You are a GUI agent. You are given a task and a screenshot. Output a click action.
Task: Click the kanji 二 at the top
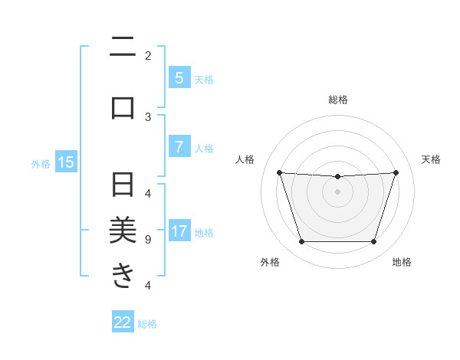click(x=123, y=48)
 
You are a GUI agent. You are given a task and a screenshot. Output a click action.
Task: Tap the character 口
click(x=123, y=106)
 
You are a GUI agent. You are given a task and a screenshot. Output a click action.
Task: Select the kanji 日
click(x=123, y=185)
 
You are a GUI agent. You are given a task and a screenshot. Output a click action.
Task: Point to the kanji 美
click(x=123, y=229)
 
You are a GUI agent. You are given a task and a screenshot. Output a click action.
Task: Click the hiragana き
click(x=123, y=273)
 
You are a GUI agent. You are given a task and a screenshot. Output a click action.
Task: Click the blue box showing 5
click(x=179, y=77)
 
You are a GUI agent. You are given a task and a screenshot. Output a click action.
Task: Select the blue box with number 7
click(x=179, y=147)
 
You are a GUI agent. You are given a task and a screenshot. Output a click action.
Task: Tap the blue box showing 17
click(x=179, y=231)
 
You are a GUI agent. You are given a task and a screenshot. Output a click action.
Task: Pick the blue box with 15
click(x=66, y=162)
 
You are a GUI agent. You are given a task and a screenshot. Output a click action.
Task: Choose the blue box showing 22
click(x=123, y=322)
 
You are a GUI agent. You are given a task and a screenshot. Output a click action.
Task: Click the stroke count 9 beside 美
click(x=148, y=239)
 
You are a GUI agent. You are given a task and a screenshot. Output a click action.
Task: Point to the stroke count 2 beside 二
click(x=148, y=55)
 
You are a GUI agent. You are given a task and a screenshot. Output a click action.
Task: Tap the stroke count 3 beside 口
click(x=148, y=116)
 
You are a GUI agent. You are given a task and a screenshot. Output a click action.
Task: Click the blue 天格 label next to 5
click(x=204, y=79)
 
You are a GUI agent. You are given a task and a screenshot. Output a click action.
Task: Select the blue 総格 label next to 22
click(x=147, y=324)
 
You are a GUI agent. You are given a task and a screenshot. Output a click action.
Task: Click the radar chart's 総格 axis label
click(x=338, y=100)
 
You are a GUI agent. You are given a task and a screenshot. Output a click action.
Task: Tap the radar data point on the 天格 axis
click(x=396, y=172)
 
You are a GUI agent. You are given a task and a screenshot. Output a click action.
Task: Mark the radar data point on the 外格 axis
click(x=301, y=242)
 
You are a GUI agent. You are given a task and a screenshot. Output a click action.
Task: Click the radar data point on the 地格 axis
click(x=373, y=242)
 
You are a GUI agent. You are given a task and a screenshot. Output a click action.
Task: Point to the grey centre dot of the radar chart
click(x=337, y=191)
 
